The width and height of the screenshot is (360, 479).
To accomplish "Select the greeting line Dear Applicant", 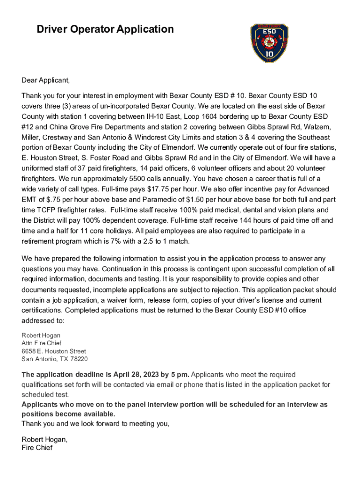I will click(45, 80).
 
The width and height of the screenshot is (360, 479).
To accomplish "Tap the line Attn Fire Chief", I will click(42, 343).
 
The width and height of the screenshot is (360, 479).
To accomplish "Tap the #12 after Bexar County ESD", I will click(28, 127).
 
